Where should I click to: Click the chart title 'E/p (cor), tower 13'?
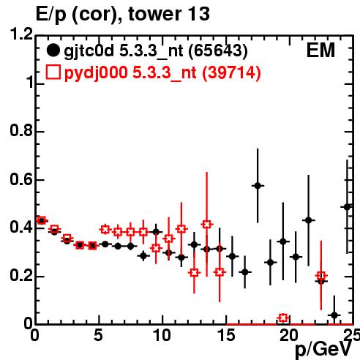[122, 15]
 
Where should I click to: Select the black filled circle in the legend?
[53, 50]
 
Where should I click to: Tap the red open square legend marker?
[53, 72]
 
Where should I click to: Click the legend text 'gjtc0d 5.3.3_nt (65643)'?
[156, 51]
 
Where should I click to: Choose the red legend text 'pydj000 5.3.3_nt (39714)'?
[162, 72]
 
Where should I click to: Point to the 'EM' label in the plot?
[320, 50]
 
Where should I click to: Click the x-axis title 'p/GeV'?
[323, 350]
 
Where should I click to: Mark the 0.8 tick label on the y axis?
[21, 131]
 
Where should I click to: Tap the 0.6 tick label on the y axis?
[21, 179]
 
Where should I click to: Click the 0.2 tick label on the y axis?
[21, 276]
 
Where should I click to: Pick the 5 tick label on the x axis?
[98, 335]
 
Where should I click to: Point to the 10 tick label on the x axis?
[162, 335]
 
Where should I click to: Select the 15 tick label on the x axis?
[226, 335]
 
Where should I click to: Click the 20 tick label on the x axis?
[289, 335]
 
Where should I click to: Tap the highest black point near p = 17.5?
[258, 186]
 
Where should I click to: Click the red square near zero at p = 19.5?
[283, 318]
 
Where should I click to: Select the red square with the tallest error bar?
[207, 224]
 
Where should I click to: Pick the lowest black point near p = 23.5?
[334, 315]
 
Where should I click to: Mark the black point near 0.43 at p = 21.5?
[309, 220]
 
